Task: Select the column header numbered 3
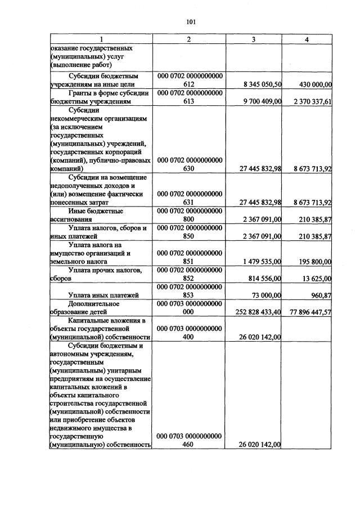point(254,39)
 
